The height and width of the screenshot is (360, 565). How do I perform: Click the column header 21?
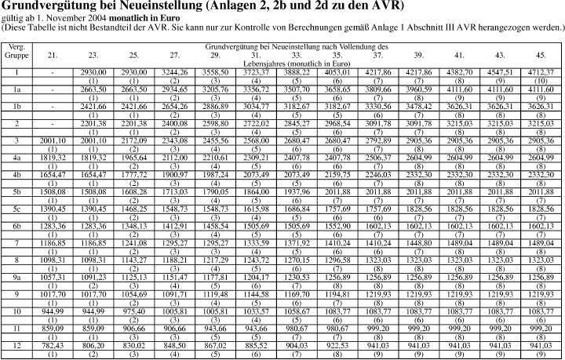(x=52, y=54)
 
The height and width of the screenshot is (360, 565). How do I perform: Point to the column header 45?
(x=541, y=54)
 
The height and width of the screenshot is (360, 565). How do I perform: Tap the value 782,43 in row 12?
(x=52, y=345)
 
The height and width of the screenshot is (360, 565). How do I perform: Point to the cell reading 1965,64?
(x=133, y=158)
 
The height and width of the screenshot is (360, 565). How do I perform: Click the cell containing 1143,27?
(x=133, y=260)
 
